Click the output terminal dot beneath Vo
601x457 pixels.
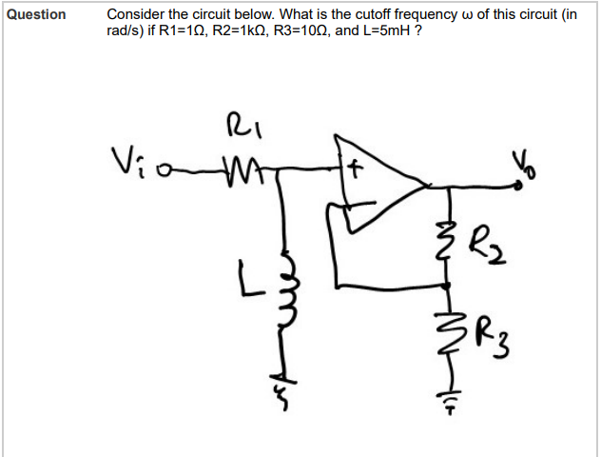[519, 187]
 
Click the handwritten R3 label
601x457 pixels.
[488, 333]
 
